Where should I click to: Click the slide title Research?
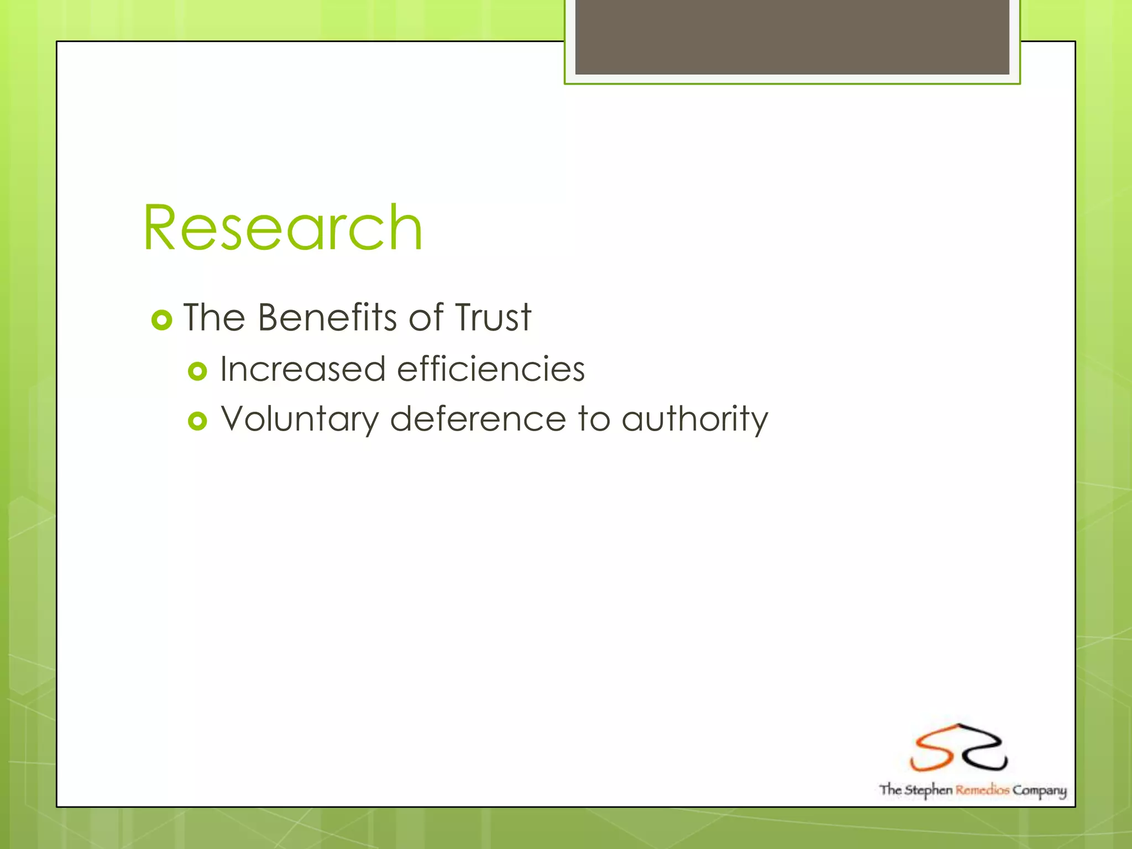[x=283, y=228]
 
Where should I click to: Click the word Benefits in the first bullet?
[x=327, y=318]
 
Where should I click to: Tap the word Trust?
[x=492, y=318]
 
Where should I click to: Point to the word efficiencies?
[x=491, y=369]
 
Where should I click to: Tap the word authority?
[x=695, y=419]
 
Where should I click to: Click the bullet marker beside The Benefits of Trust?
[x=162, y=320]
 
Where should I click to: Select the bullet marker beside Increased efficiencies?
[x=197, y=371]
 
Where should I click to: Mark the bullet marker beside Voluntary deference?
[x=197, y=421]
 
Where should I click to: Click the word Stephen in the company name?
[x=928, y=790]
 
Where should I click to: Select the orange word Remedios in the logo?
[x=982, y=790]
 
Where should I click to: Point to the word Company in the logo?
[x=1039, y=790]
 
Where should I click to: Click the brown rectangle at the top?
[x=792, y=36]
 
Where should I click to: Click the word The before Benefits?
[x=214, y=318]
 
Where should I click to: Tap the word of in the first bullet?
[x=426, y=318]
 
